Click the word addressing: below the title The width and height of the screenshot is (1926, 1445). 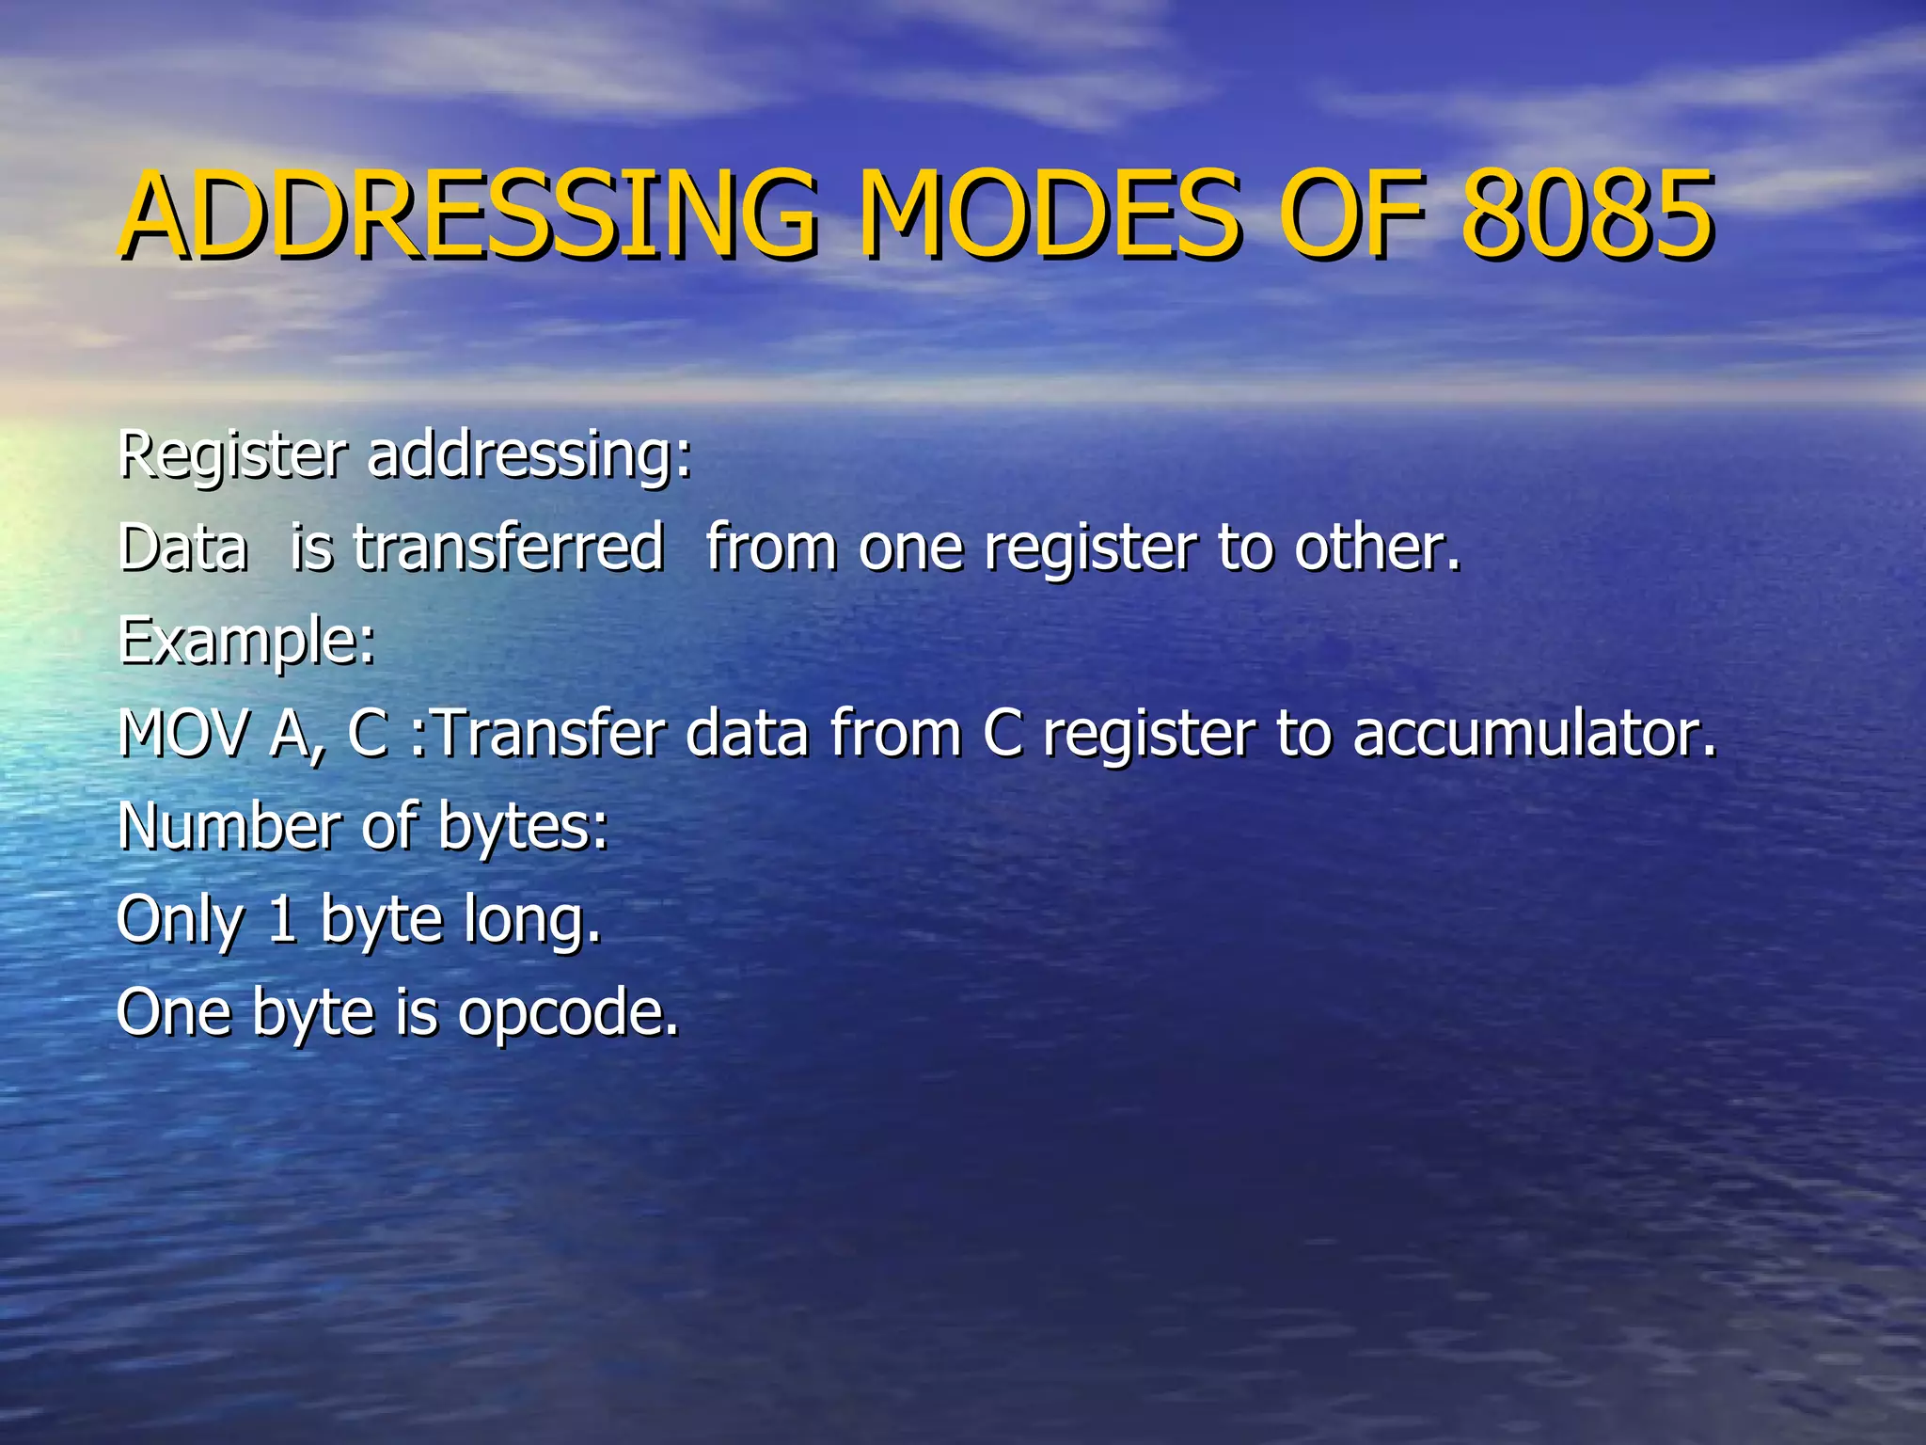529,454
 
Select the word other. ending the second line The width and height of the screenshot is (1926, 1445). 1378,547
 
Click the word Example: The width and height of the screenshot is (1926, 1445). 246,643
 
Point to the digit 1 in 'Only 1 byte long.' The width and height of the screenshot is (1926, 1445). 282,919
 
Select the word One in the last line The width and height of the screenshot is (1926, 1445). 173,1012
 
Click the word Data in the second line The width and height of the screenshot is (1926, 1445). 182,547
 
